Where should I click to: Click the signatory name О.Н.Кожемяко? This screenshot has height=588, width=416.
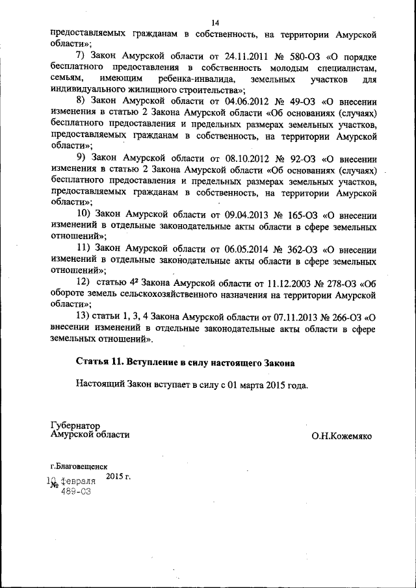click(x=341, y=437)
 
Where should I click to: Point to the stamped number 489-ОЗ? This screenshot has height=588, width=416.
click(x=75, y=492)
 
